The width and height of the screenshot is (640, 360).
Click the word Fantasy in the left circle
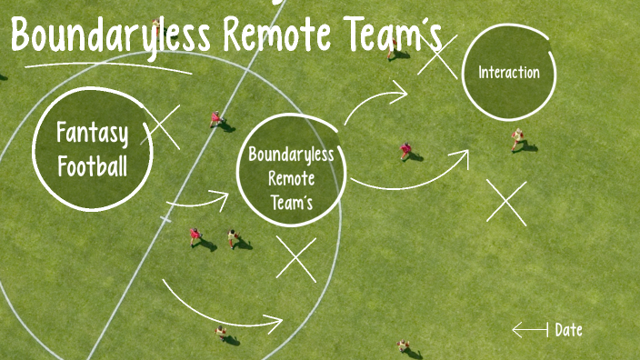click(x=92, y=135)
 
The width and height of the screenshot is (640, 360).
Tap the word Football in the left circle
click(x=92, y=166)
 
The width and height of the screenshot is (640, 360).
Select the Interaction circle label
click(x=509, y=73)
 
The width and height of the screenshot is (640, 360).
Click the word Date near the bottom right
click(x=568, y=330)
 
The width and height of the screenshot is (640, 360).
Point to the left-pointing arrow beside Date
click(x=529, y=329)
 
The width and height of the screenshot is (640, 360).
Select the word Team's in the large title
click(x=401, y=36)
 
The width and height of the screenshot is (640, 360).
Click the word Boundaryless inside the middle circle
click(x=291, y=154)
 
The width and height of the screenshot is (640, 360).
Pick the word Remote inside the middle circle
click(x=291, y=178)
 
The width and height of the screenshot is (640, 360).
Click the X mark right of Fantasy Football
click(x=163, y=126)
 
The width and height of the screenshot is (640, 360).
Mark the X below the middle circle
click(x=296, y=259)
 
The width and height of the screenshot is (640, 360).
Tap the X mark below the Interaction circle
click(x=506, y=202)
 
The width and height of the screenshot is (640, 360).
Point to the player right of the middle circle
click(x=406, y=151)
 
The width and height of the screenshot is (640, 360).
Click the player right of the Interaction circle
click(x=518, y=138)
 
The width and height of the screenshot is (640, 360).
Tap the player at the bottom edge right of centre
click(x=403, y=346)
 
